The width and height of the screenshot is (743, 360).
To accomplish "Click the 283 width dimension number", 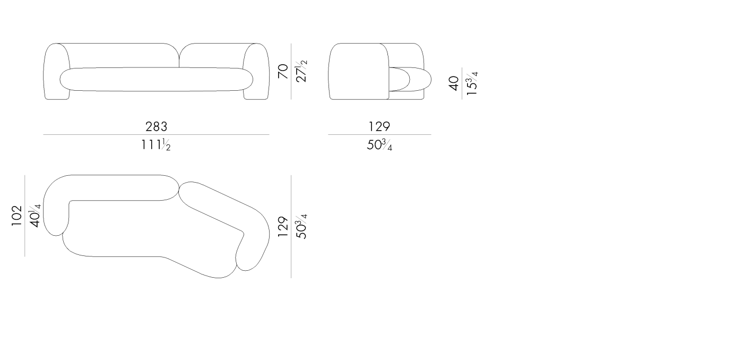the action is pos(156,126).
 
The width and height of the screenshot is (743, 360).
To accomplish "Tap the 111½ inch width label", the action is pos(156,145).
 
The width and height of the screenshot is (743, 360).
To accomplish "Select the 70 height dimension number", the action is pos(283,71).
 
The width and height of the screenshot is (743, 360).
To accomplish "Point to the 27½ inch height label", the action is pos(301,71).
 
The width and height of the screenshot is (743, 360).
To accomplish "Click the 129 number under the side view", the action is pos(379,126).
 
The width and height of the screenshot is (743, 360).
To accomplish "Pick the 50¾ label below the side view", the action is pos(379,145).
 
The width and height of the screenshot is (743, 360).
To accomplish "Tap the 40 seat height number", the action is pos(454,83).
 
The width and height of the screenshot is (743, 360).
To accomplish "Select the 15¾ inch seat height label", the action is pos(472,83).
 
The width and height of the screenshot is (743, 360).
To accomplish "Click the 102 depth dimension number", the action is pos(16,216).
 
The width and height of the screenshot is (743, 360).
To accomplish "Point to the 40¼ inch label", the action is pos(35,216).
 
